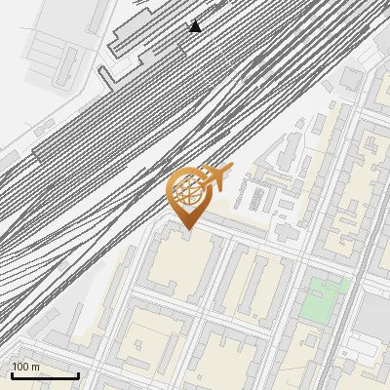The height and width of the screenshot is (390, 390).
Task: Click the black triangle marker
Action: pos(195,26)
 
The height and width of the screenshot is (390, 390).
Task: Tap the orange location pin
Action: pos(187,195)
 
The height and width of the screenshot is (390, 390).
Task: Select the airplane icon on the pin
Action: pos(216,176)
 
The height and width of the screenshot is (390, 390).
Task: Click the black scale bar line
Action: pos(44,375)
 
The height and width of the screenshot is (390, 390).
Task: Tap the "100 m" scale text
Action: pos(26,367)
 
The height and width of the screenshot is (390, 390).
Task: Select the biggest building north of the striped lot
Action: pos(290,151)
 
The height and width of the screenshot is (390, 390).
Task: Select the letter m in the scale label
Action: pos(36,367)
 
